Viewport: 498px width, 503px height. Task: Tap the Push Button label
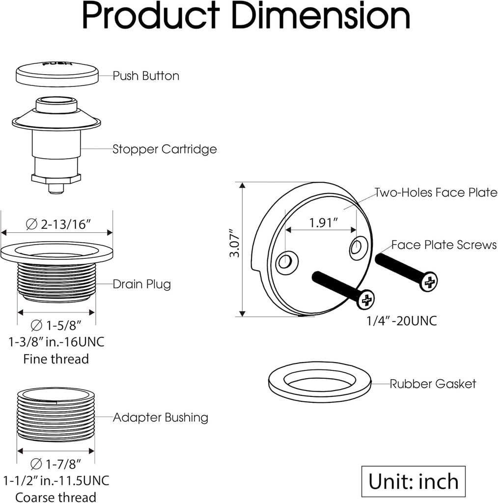(146, 76)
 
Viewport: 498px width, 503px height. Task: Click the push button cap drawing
(57, 73)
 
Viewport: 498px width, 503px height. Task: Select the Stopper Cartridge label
(165, 149)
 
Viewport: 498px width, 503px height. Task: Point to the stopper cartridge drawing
(56, 142)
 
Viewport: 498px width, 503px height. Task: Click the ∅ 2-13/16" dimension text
(57, 224)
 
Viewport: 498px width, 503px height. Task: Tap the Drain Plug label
(141, 284)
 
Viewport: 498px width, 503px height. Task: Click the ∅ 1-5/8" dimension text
(55, 325)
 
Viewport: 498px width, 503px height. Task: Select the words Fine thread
(56, 359)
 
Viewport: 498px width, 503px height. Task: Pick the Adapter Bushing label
(161, 418)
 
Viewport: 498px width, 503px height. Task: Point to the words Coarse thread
(55, 497)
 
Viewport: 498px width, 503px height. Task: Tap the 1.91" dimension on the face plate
(323, 223)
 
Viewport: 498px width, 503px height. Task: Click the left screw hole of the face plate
(285, 262)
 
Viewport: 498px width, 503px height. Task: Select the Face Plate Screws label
(443, 245)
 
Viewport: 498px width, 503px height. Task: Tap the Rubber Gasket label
(433, 384)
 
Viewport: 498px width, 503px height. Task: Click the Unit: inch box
(414, 481)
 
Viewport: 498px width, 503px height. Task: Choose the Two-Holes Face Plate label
(436, 193)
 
